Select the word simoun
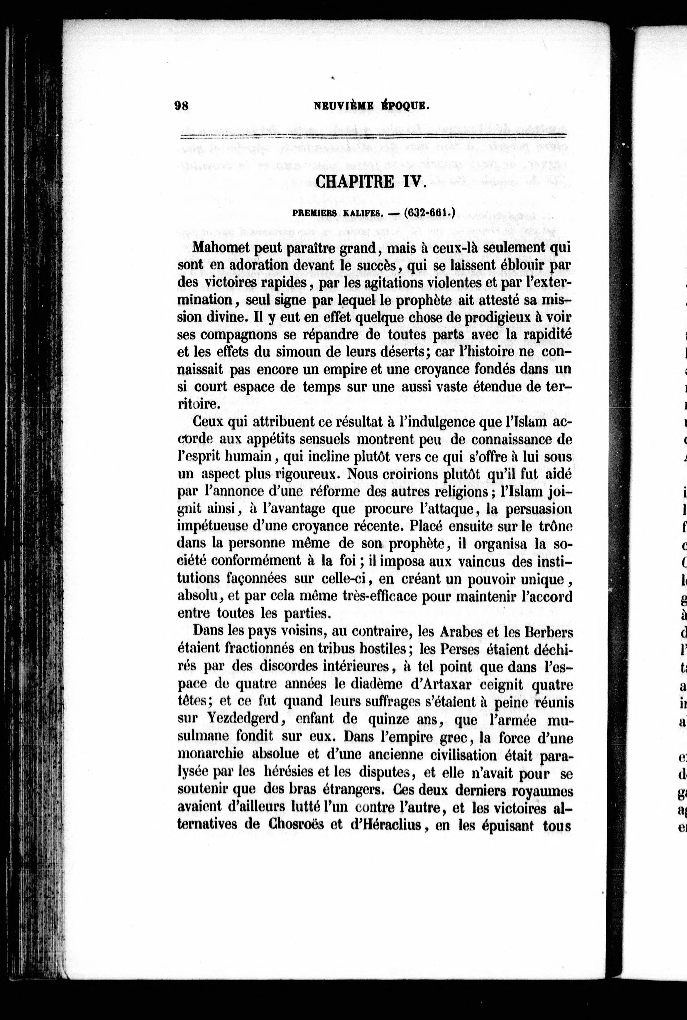click(x=273, y=352)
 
